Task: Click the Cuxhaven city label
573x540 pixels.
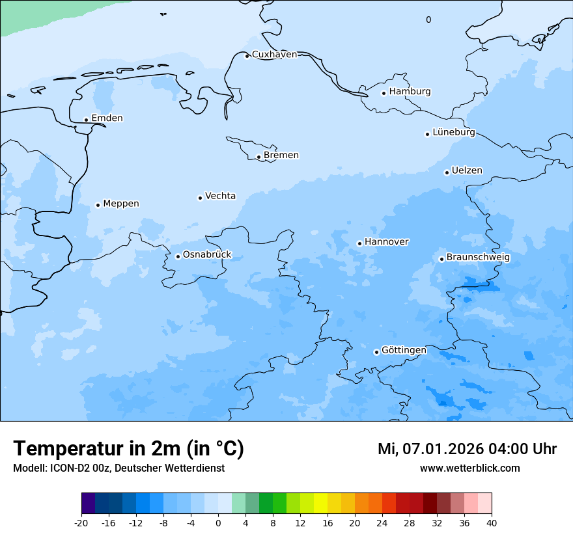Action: pos(274,55)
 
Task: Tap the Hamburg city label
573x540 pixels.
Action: pos(410,92)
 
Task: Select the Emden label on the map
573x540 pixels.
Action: pos(107,118)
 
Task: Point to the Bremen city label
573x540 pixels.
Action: pos(281,155)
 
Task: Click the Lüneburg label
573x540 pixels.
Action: pos(453,133)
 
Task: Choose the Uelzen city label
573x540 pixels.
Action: pos(467,171)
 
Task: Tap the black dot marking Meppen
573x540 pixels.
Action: pos(98,205)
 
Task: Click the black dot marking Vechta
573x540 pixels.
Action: pos(200,198)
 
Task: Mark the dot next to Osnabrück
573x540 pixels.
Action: pos(178,256)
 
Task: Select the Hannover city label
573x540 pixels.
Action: pos(386,242)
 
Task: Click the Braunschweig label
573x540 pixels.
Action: pos(478,258)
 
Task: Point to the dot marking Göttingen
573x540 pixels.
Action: pos(376,352)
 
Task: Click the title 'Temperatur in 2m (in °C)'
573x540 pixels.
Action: pos(128,448)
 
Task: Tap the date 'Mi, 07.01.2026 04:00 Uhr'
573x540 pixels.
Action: pos(467,449)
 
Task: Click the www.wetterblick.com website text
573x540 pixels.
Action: pos(469,468)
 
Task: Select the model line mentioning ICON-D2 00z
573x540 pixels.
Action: pos(119,468)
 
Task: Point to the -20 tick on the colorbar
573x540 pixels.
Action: pos(81,523)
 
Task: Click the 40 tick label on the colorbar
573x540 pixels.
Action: pos(491,523)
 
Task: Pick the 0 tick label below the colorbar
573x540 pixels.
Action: pos(218,523)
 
